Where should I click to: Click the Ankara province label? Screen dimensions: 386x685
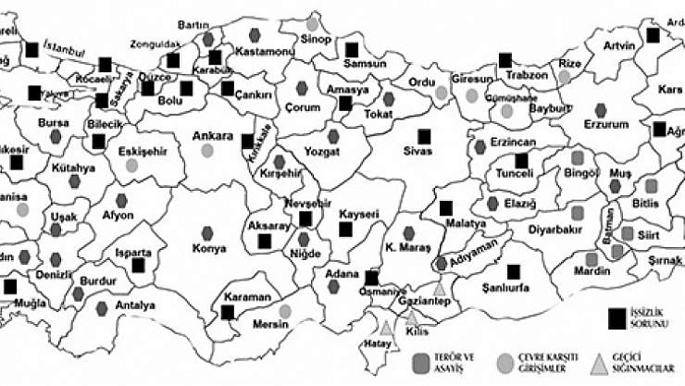point(212,136)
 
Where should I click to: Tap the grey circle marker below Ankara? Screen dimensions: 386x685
point(206,150)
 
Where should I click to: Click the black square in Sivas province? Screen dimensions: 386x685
point(423,134)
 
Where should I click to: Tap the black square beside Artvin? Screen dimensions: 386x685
point(654,35)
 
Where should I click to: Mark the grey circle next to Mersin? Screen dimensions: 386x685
point(285,311)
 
